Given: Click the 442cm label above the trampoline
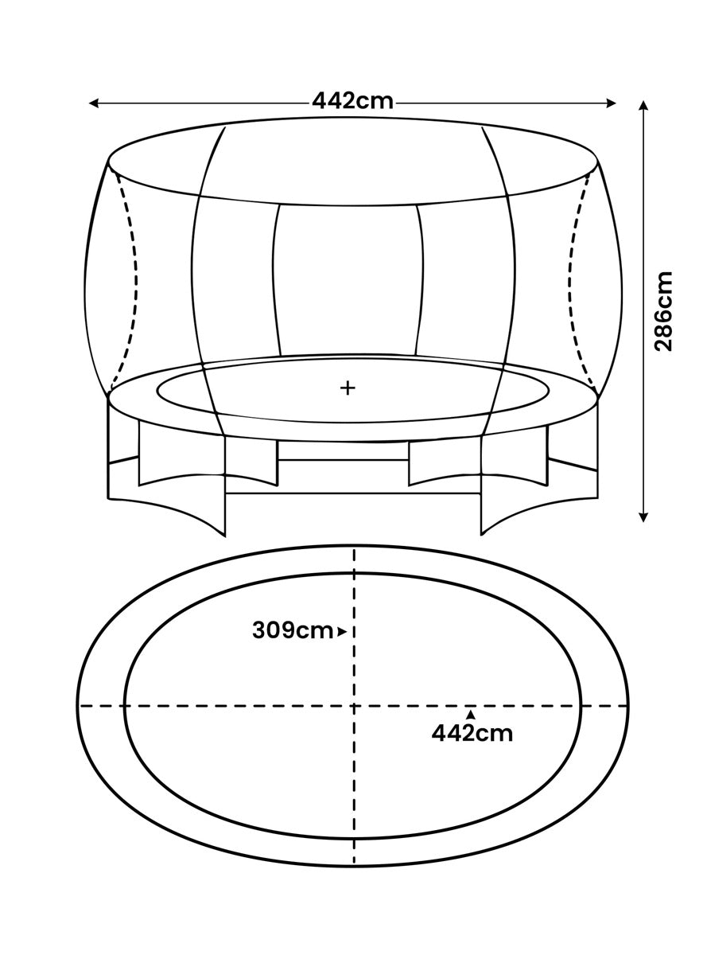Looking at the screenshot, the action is click(352, 102).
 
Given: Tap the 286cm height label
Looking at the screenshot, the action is click(662, 311).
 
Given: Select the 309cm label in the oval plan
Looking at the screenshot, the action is click(293, 631).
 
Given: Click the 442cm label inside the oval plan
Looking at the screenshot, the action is click(472, 733).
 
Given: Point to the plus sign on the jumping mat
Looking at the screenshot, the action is click(348, 388).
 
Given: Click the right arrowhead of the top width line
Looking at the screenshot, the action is click(611, 103).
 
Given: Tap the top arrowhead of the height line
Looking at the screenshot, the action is click(643, 107).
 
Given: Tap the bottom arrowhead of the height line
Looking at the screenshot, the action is click(643, 516).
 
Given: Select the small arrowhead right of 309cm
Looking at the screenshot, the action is click(342, 632).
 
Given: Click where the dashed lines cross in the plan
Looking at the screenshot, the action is click(354, 706).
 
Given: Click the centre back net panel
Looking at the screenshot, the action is click(348, 280).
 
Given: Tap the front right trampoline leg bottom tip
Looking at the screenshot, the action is click(481, 535).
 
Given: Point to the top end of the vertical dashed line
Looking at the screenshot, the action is click(354, 550).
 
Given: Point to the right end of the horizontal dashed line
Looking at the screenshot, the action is click(627, 706).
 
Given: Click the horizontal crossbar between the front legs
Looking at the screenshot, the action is click(353, 493).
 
